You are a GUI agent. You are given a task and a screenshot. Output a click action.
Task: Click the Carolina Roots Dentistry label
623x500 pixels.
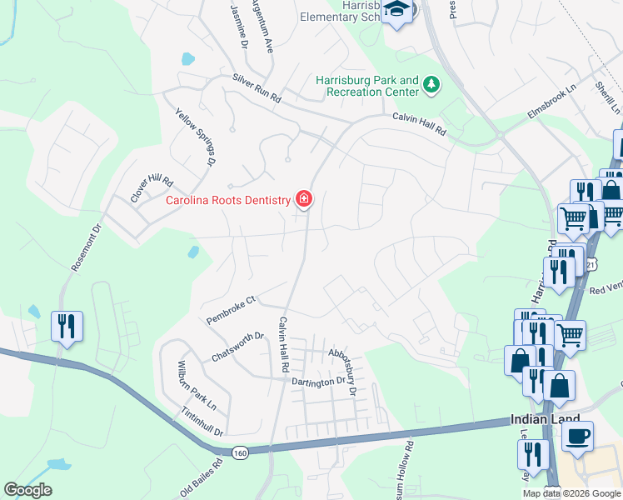pos(228,200)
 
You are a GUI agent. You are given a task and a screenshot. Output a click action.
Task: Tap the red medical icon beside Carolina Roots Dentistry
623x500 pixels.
pos(305,199)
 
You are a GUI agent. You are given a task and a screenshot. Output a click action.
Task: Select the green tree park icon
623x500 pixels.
pos(431,83)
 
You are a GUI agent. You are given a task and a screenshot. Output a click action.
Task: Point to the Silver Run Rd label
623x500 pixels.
pos(257,88)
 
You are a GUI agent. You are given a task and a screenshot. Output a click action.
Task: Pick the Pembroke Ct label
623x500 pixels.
pos(231,310)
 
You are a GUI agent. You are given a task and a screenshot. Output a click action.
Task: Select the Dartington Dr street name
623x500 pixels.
pos(318,381)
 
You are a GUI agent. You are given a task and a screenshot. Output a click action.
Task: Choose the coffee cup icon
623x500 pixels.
pos(577,436)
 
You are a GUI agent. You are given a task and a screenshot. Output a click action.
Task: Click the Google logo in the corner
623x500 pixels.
pos(27,490)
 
